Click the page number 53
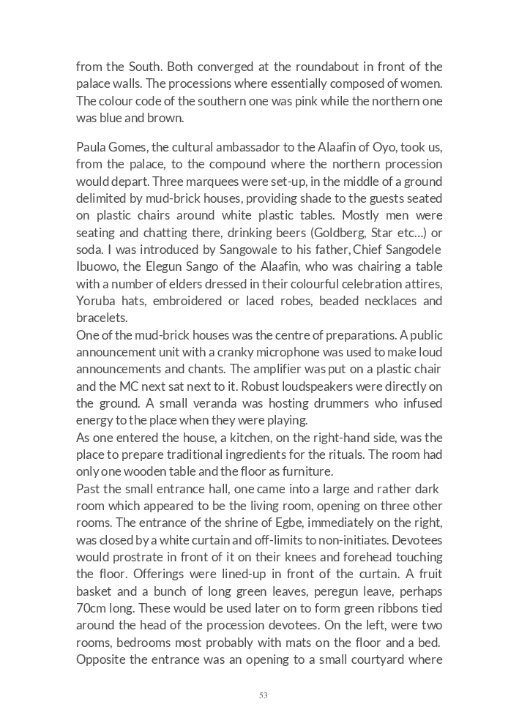coord(263,695)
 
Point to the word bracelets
coord(102,318)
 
